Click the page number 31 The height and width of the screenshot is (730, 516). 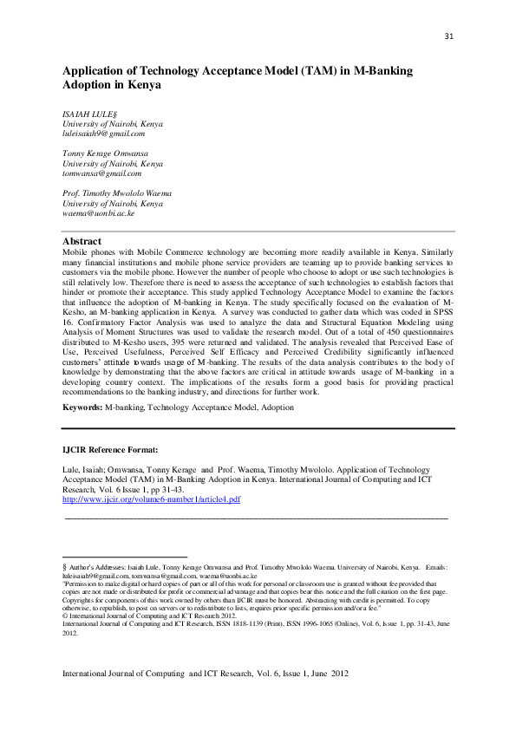coord(448,36)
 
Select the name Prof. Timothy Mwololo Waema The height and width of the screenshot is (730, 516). coord(116,192)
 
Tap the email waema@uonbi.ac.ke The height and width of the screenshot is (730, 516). coord(97,212)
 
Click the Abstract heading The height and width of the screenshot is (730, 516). coord(82,241)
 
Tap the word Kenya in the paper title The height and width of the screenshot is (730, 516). coord(141,86)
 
